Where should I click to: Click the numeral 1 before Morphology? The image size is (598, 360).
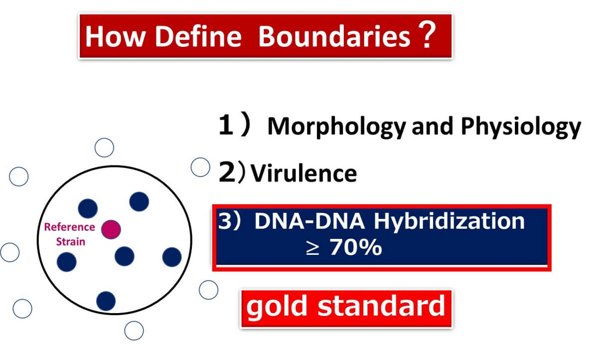(227, 126)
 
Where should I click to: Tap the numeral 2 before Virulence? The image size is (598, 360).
(227, 173)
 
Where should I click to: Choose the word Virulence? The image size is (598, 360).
(303, 174)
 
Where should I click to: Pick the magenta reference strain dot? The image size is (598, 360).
(111, 229)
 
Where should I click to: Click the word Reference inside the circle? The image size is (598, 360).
(70, 227)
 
